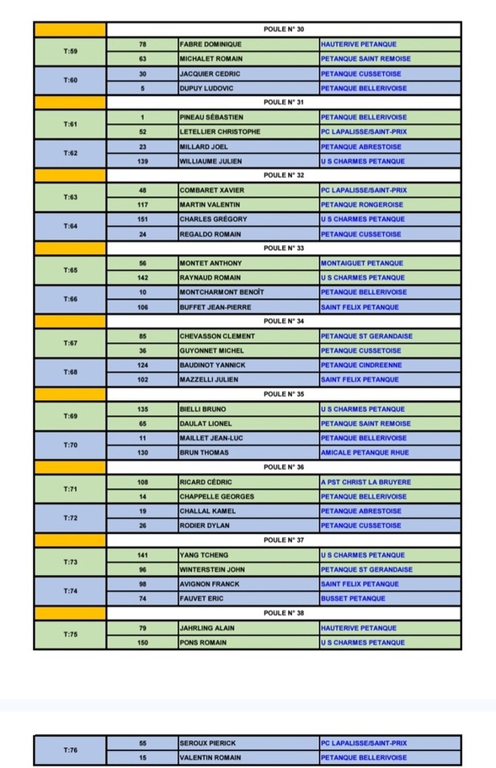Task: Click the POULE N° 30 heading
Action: pos(283,29)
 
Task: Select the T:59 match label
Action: pos(71,51)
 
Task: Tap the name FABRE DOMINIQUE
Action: pos(211,44)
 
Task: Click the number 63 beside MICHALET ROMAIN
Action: pos(142,59)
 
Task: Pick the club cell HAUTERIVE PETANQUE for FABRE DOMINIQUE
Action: pos(359,44)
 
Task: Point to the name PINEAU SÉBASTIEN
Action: pos(211,117)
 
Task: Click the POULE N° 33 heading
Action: pos(283,248)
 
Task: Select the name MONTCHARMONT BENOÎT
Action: pos(221,292)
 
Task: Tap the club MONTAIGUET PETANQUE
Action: pos(362,263)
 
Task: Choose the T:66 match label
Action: pos(71,300)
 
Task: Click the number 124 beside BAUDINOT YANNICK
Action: pos(142,365)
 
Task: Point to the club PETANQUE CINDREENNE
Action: pos(360,365)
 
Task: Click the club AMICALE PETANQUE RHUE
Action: pos(365,452)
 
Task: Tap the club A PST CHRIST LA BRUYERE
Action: pos(365,482)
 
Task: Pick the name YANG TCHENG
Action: pos(203,555)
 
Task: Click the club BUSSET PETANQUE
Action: pos(353,599)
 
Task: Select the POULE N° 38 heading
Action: pos(283,613)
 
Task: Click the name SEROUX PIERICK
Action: pos(208,744)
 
